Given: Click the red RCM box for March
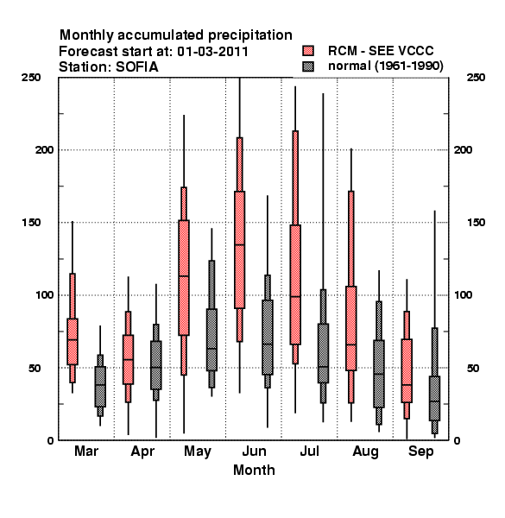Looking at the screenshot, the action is click(73, 342).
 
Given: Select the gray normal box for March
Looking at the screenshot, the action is click(100, 387).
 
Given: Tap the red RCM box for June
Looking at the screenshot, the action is click(239, 250).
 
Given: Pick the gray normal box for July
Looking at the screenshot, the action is click(323, 353).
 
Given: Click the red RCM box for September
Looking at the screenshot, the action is click(407, 370).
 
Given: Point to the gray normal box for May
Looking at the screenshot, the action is click(211, 339).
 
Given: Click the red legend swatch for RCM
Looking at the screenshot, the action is click(308, 51).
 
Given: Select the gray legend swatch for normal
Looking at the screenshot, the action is click(308, 66).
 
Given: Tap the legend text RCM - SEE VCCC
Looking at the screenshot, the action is click(381, 51).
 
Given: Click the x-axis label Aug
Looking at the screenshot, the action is click(365, 452).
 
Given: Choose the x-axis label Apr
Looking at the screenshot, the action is click(142, 452).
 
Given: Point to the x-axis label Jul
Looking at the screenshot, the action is click(309, 451).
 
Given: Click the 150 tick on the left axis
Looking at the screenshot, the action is click(31, 223).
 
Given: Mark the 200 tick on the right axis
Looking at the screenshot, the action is click(463, 150).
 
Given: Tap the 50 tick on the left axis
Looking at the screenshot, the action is click(35, 368).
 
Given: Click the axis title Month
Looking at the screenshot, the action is click(254, 471).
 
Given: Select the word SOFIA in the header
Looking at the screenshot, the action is click(137, 67).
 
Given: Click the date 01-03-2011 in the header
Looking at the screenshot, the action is click(212, 52).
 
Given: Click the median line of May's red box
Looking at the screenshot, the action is click(184, 276).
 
